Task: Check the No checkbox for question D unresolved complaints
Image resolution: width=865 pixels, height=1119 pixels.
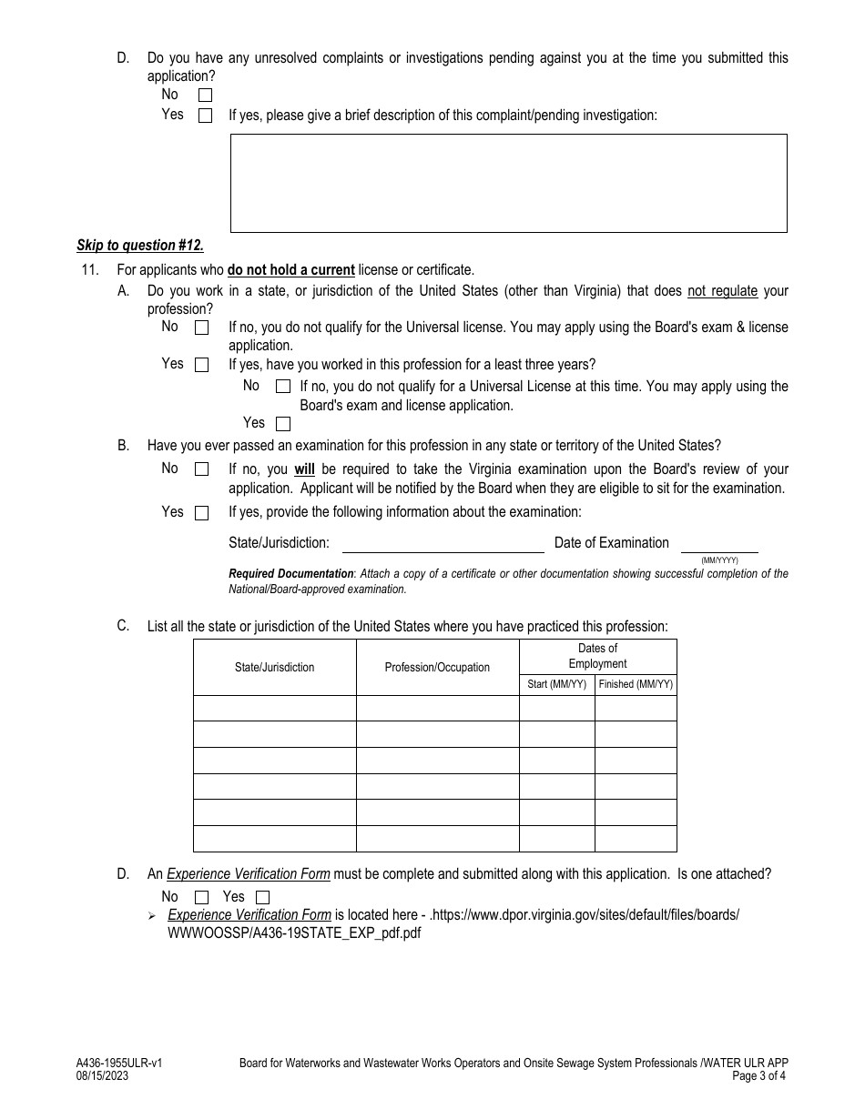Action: click(x=205, y=95)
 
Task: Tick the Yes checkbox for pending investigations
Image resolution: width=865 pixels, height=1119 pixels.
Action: click(x=205, y=116)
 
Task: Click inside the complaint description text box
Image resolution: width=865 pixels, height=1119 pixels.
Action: click(x=508, y=183)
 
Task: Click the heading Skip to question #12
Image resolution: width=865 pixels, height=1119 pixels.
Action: click(x=140, y=246)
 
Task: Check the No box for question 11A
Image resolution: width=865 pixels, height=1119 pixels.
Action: click(x=202, y=328)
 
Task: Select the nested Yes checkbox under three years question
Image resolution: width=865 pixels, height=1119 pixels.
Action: click(x=283, y=423)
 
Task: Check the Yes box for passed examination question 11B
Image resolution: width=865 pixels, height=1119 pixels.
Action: click(x=202, y=513)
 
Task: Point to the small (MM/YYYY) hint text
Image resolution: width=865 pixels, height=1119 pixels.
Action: click(x=719, y=560)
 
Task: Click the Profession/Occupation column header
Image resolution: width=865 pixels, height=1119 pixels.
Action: click(x=437, y=667)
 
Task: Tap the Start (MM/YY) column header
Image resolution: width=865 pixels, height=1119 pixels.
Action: click(x=557, y=684)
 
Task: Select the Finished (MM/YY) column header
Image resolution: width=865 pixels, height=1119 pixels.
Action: click(x=636, y=684)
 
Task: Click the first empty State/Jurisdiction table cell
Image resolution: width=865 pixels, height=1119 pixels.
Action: click(x=274, y=708)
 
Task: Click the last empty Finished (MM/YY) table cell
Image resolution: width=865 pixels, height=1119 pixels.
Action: click(x=636, y=838)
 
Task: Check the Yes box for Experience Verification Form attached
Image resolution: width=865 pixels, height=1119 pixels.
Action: click(x=262, y=898)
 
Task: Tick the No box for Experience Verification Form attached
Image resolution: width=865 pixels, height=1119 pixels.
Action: click(x=202, y=898)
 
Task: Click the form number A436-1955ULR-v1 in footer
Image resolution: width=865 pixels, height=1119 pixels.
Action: click(x=119, y=1063)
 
